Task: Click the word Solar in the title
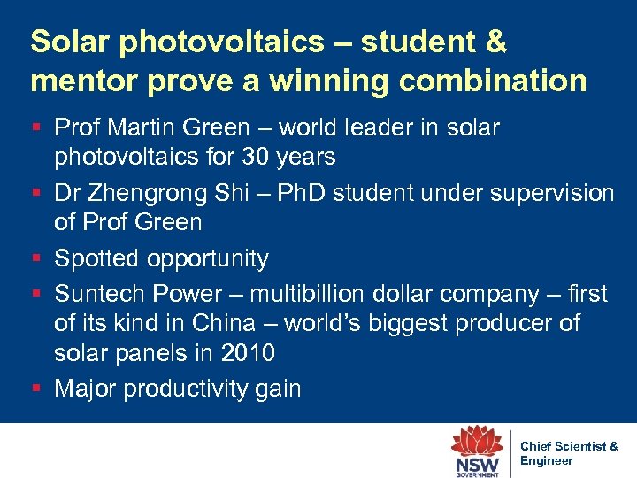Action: (x=70, y=41)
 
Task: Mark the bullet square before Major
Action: (x=36, y=389)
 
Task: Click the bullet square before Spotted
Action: (x=36, y=258)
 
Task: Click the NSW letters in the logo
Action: (x=478, y=463)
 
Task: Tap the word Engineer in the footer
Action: (x=546, y=460)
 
